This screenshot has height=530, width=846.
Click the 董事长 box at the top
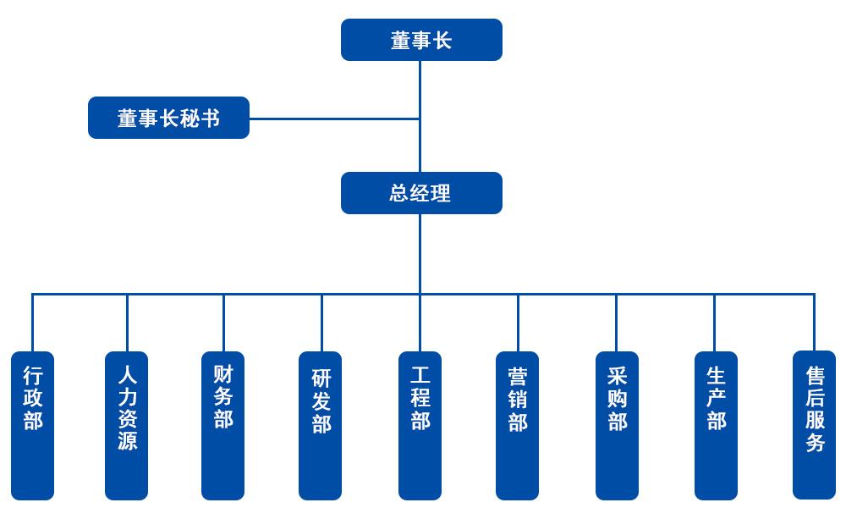click(x=421, y=40)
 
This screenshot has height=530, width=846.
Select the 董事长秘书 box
click(x=168, y=118)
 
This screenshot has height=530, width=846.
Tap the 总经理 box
click(x=421, y=193)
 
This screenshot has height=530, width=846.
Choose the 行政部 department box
click(x=32, y=425)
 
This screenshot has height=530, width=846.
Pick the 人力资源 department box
click(x=126, y=425)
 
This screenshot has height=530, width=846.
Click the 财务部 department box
click(x=222, y=425)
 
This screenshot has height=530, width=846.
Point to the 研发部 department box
click(x=320, y=425)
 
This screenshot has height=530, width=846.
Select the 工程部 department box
click(x=420, y=425)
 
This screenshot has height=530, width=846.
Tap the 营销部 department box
click(x=517, y=425)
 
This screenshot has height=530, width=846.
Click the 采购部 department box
click(x=617, y=425)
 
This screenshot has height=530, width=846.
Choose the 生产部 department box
click(x=716, y=425)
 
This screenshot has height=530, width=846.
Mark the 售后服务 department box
click(x=814, y=425)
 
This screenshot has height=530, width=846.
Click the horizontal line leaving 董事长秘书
click(x=334, y=119)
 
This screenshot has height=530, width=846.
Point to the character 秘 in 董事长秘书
click(x=190, y=119)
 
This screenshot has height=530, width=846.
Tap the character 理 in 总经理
click(x=441, y=193)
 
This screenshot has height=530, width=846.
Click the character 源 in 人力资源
click(x=128, y=440)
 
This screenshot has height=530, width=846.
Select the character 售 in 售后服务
click(x=816, y=376)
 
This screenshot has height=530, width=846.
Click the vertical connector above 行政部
click(x=32, y=323)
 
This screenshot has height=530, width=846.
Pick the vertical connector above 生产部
click(x=714, y=323)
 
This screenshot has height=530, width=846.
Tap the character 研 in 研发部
click(x=321, y=378)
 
